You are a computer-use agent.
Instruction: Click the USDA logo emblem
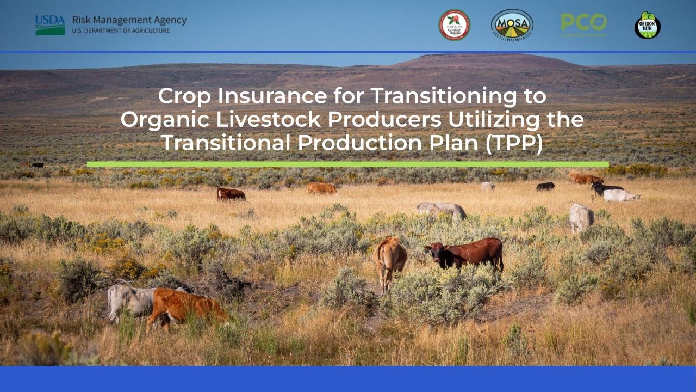pos(50,25)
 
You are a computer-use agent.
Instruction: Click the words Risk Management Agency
pos(129,20)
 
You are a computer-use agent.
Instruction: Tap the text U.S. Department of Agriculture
pos(121,31)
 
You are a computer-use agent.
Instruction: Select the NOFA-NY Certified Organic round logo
pos(454,25)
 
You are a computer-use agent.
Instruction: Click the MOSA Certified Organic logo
pos(512,25)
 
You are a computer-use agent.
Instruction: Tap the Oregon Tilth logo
pos(647,26)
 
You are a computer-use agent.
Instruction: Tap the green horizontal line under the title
pos(347,164)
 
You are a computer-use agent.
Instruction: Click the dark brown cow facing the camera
pos(465,253)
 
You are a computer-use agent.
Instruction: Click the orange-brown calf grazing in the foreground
pos(185,307)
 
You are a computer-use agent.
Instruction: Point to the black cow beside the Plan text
pos(545,186)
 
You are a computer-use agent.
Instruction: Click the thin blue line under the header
pos(348,52)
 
